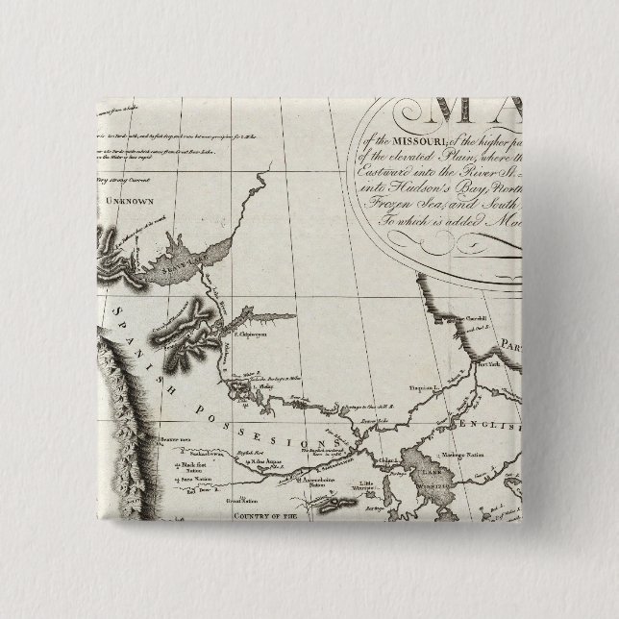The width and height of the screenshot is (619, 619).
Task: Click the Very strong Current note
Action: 125,178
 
